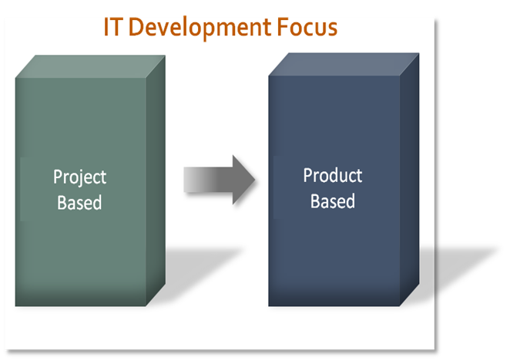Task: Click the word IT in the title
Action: [113, 27]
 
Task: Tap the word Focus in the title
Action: [307, 27]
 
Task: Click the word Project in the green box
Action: [79, 177]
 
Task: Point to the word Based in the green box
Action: [79, 203]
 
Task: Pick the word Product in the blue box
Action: [333, 175]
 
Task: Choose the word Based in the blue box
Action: [332, 201]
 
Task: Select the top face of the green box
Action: [90, 66]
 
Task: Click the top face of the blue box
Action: [344, 65]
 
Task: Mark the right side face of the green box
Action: [156, 180]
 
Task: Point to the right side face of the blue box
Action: [409, 179]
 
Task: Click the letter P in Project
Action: [57, 177]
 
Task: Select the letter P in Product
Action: [307, 175]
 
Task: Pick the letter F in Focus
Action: [282, 27]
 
